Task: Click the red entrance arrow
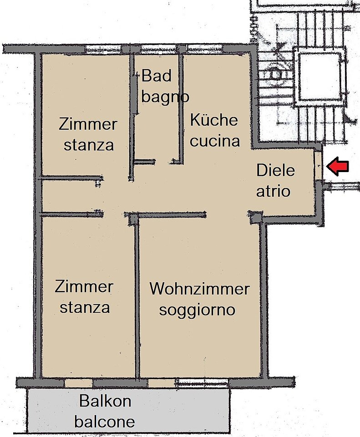[x=337, y=167]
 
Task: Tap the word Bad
[x=156, y=76]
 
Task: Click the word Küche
[x=214, y=120]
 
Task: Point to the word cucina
[x=214, y=141]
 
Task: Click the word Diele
[x=275, y=170]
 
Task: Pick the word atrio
[x=273, y=191]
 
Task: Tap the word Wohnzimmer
[x=199, y=289]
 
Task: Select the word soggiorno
[x=197, y=310]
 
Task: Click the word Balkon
[x=105, y=401]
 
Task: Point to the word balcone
[x=105, y=422]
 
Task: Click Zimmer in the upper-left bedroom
[x=88, y=124]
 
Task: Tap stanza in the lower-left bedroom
[x=85, y=308]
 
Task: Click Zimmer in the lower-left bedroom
[x=84, y=286]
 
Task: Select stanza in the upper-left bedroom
[x=89, y=145]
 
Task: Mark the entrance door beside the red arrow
[x=318, y=167]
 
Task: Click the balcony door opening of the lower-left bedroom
[x=79, y=383]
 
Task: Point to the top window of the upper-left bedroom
[x=103, y=49]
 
